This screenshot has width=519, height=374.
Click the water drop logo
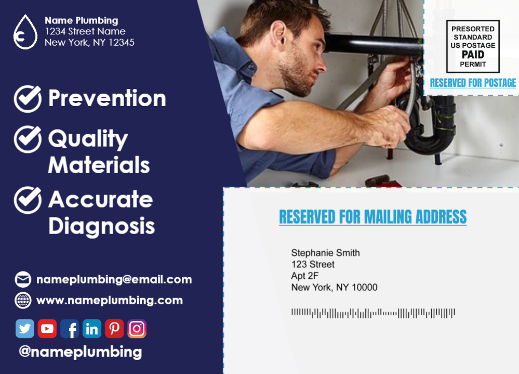25,32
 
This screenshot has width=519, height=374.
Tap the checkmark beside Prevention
28,99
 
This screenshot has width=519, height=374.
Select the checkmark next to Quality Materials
28,139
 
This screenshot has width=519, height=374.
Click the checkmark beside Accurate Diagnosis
28,200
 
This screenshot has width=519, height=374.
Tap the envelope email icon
23,279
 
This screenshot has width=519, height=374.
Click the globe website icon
23,301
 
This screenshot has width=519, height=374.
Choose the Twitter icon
25,329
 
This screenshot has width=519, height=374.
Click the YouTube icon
47,329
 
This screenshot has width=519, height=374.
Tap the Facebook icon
70,329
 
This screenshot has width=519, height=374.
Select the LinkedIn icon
91,329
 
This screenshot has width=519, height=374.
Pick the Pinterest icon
114,329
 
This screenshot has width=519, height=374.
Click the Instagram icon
137,329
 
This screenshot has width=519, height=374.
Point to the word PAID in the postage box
473,55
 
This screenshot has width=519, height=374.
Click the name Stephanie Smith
325,253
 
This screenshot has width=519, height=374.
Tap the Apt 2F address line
305,276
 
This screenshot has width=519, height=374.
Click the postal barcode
373,313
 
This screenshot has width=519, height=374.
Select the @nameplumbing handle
81,352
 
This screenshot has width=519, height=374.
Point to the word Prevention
107,98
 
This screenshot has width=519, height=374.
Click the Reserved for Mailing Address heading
372,217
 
